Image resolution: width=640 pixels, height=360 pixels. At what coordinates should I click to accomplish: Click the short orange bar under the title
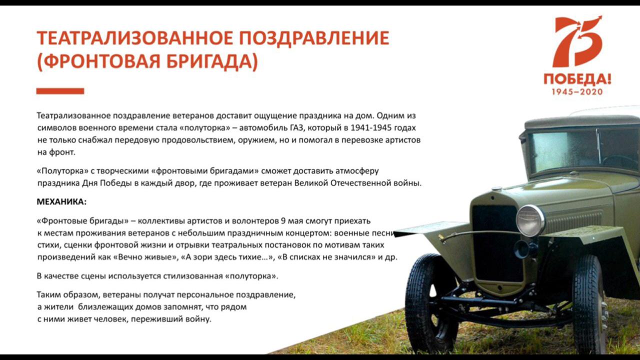tap(60, 91)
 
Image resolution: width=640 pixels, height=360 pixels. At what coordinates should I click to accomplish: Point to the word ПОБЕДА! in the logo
tap(577, 79)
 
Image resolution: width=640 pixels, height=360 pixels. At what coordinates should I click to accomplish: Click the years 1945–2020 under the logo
tap(577, 91)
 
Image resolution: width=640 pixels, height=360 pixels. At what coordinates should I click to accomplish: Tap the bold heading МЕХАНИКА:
tap(61, 201)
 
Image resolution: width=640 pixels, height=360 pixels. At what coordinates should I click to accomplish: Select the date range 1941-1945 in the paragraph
tap(371, 127)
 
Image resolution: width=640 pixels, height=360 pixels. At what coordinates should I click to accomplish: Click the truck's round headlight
tap(530, 220)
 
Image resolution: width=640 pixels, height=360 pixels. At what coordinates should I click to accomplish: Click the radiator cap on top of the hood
tap(496, 188)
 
